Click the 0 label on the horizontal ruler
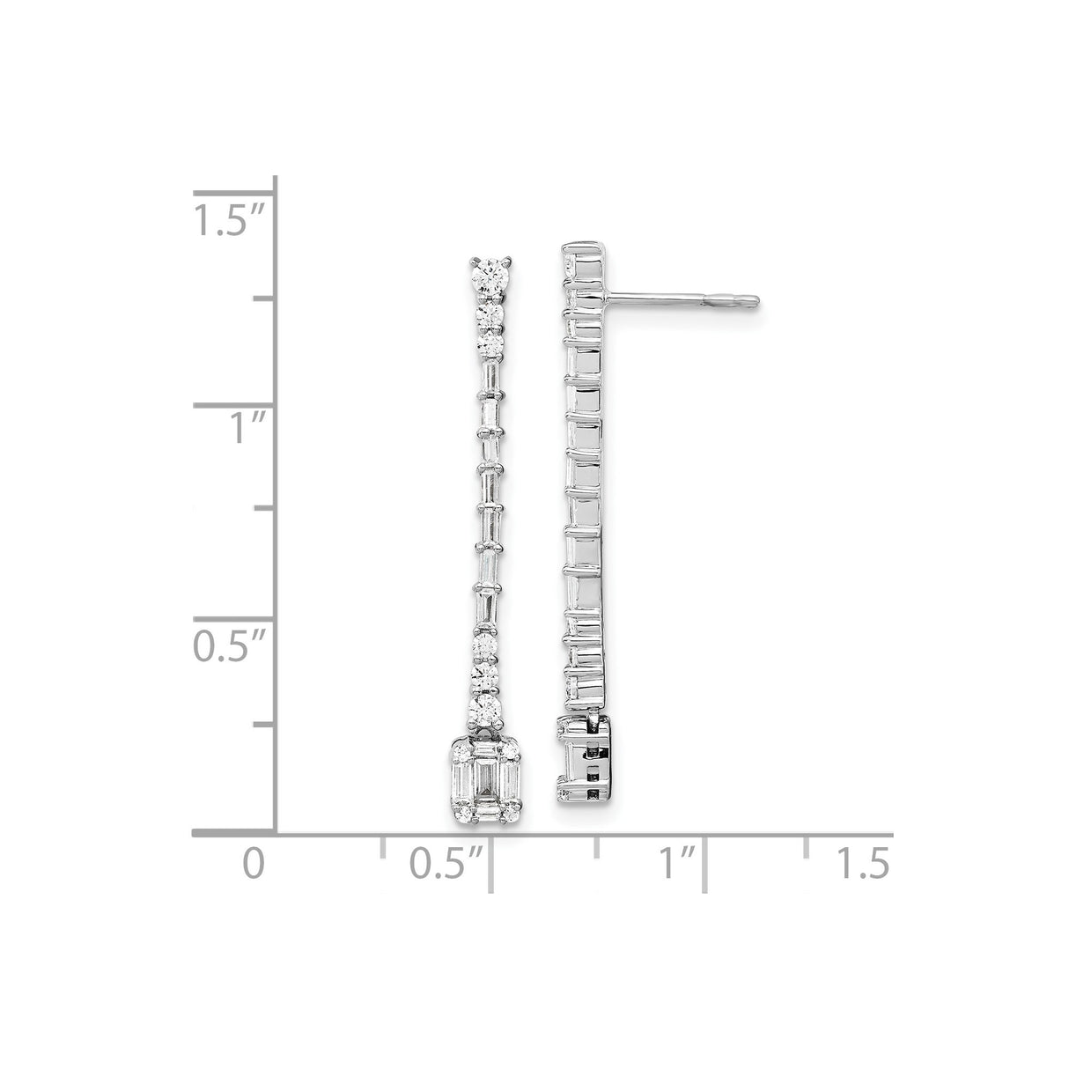[254, 863]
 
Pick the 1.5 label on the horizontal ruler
[863, 863]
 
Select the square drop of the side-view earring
[585, 759]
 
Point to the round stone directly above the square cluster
[485, 709]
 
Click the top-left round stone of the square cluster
[461, 753]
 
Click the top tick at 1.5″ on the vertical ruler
[235, 192]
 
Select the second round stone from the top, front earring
[488, 313]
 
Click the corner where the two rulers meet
[276, 831]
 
